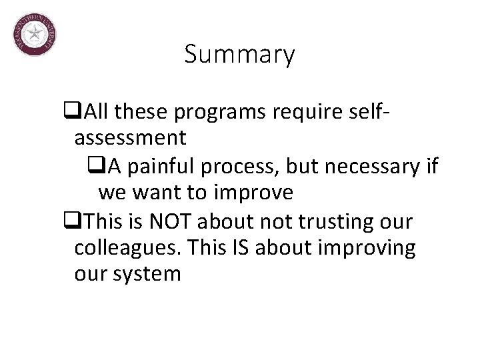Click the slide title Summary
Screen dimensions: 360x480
[239, 55]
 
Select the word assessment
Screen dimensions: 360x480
[130, 138]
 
